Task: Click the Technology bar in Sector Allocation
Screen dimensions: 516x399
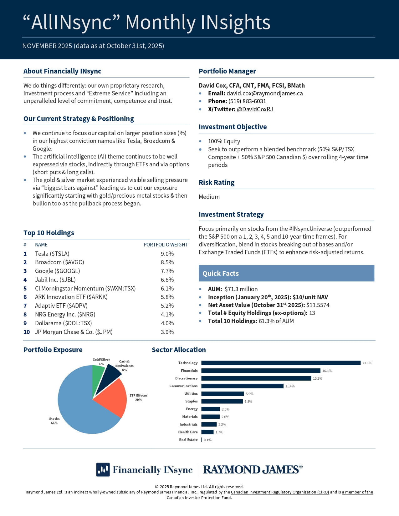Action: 281,363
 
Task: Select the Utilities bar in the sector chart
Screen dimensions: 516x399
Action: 223,394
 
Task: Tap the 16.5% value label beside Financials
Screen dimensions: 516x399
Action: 327,371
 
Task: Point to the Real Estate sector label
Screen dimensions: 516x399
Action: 188,440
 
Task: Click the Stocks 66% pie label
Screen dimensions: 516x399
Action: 54,421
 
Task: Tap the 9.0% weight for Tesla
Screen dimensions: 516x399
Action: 167,254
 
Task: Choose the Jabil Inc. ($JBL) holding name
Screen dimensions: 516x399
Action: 55,280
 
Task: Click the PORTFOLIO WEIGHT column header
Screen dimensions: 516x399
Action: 166,245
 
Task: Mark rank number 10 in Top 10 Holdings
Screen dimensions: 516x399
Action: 27,332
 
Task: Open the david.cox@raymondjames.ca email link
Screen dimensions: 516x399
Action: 264,93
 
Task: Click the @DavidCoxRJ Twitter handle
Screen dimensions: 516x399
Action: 255,109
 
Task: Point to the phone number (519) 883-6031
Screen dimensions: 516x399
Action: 247,101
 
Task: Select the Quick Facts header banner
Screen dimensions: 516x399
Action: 286,273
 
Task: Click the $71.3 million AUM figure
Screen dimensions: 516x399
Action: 241,289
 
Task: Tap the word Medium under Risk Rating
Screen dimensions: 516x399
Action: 209,197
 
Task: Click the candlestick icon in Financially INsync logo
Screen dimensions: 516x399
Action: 103,469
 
